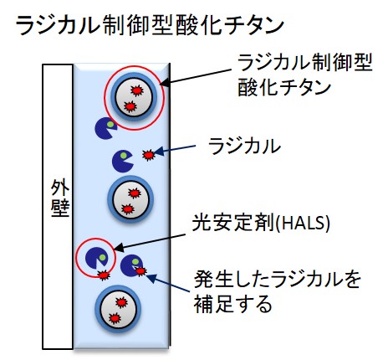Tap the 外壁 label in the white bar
pos(59,198)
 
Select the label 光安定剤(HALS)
pos(261,224)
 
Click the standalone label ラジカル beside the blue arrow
pos(244,146)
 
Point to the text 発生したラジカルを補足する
pos(277,291)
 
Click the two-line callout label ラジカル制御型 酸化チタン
pos(304,75)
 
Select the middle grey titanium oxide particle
pos(130,199)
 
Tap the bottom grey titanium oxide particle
pos(118,308)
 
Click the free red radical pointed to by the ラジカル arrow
pos(148,155)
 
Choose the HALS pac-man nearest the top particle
pos(106,128)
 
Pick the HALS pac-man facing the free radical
pos(123,161)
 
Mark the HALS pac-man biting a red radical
pos(131,265)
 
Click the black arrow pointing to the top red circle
pos(197,76)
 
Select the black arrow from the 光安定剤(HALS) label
pos(150,241)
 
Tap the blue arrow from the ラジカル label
pos(175,149)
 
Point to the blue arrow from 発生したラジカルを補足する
pos(168,283)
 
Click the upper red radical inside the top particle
pos(137,90)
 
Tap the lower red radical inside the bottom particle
pos(115,318)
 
